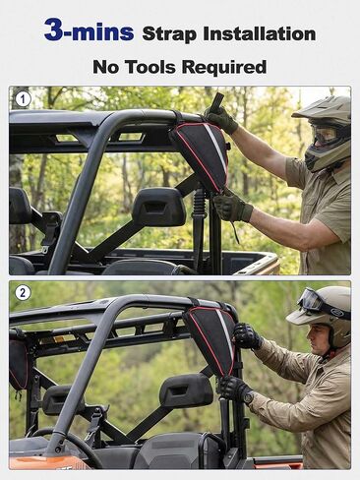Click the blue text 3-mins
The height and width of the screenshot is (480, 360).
click(89, 30)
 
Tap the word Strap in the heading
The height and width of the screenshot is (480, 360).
click(169, 33)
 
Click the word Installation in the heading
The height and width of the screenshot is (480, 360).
click(260, 33)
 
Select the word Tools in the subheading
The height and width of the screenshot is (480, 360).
click(151, 67)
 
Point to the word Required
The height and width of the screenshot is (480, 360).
click(224, 67)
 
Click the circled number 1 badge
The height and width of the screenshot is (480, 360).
click(23, 99)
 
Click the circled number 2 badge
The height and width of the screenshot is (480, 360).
click(23, 292)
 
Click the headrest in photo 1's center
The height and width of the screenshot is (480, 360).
click(158, 207)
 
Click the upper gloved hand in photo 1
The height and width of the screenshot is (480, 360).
click(221, 119)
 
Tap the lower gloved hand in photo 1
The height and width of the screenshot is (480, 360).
click(232, 208)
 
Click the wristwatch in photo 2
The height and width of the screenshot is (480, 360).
click(249, 396)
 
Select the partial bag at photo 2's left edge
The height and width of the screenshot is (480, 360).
click(18, 364)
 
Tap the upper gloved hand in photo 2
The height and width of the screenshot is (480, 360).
click(247, 336)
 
